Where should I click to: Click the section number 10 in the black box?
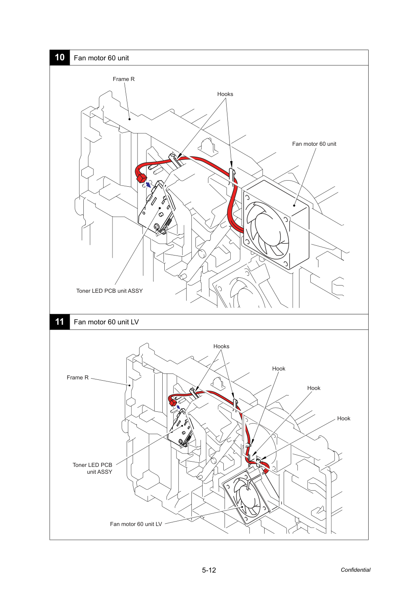click(x=59, y=57)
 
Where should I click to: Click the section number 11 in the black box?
click(x=59, y=322)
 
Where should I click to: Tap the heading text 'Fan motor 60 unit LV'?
click(x=106, y=322)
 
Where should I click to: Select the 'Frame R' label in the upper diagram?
click(x=123, y=79)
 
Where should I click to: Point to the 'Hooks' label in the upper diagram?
click(x=225, y=94)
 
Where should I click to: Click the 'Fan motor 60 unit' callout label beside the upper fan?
click(x=314, y=144)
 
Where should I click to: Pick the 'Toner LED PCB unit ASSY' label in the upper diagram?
click(x=109, y=291)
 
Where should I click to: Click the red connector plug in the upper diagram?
click(x=141, y=179)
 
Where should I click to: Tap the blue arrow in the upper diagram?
click(x=149, y=185)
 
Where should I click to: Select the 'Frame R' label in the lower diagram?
click(x=78, y=377)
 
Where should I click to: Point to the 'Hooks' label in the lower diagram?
click(x=221, y=346)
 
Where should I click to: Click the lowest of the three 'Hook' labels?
click(x=344, y=418)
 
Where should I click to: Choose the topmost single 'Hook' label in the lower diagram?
click(x=278, y=368)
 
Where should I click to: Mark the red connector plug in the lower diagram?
click(x=172, y=403)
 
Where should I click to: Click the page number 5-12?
click(x=209, y=570)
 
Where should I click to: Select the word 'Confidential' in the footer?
click(x=355, y=570)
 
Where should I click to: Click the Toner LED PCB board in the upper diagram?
click(x=157, y=209)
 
